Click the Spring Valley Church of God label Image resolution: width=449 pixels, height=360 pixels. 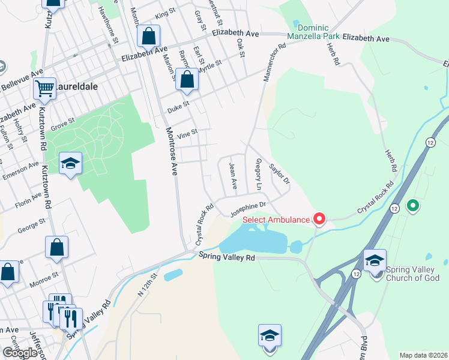click(414, 274)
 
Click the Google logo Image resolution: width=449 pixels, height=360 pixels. click(20, 353)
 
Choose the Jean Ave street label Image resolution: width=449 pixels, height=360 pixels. click(234, 175)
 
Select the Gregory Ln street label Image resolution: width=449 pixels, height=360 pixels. click(259, 175)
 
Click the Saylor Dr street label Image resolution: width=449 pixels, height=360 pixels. click(280, 173)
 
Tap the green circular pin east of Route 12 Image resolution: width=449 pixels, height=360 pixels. click(412, 206)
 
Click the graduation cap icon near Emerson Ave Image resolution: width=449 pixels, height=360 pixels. click(70, 163)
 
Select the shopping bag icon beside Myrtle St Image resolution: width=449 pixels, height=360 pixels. click(187, 80)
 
